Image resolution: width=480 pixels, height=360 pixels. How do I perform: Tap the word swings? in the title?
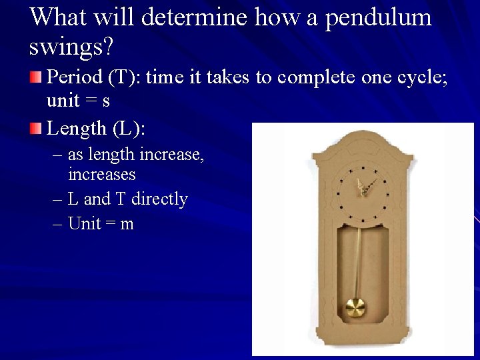tap(72, 46)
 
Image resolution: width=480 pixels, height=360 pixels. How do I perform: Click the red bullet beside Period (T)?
tap(38, 78)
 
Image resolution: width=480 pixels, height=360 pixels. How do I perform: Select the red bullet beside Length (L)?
tap(38, 127)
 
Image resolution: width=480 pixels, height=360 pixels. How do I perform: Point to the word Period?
tap(73, 78)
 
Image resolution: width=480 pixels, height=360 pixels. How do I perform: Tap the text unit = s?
tap(79, 102)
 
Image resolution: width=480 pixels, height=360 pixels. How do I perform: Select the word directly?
tap(160, 199)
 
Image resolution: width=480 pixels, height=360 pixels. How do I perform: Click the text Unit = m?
tap(101, 223)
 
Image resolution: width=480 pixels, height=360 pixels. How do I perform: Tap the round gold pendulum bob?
tap(355, 309)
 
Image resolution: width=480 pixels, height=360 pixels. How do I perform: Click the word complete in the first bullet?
tap(293, 78)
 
